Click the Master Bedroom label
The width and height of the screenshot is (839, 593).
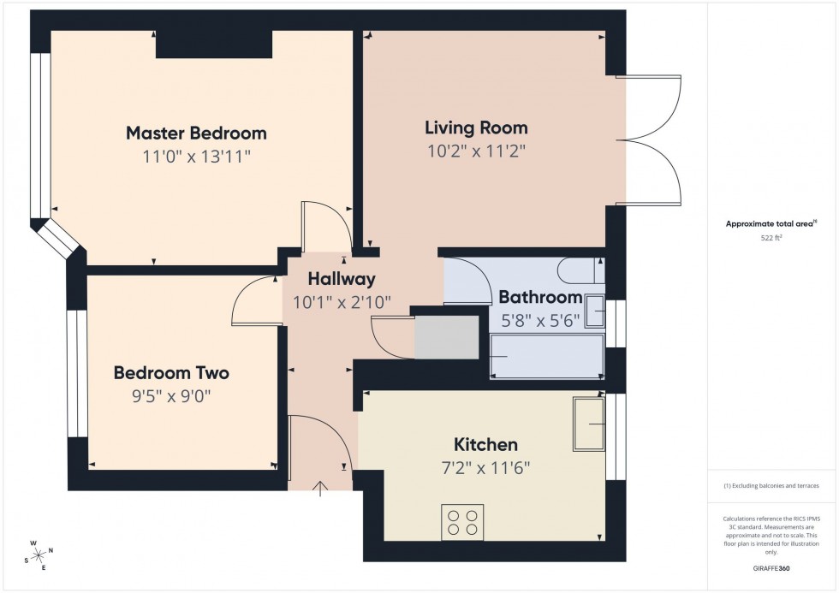[196, 133]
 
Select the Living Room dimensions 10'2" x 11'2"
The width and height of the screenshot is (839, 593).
[476, 152]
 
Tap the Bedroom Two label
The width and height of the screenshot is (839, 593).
[171, 373]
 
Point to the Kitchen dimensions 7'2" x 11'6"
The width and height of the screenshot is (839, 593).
[485, 468]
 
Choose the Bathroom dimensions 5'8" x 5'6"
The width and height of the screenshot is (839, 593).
[539, 321]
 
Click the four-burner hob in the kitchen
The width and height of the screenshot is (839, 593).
[462, 522]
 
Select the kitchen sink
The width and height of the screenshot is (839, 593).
[589, 423]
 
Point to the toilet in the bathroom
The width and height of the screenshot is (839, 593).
[580, 271]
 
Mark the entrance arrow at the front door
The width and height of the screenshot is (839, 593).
[321, 489]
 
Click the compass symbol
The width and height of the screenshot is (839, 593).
[38, 554]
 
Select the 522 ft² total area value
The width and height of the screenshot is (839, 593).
[773, 239]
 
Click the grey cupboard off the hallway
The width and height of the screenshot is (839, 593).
[446, 338]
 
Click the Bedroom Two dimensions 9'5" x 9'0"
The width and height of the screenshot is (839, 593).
[171, 396]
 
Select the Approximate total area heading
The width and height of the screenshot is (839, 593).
[771, 224]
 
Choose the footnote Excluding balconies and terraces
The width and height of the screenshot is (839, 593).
[771, 485]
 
